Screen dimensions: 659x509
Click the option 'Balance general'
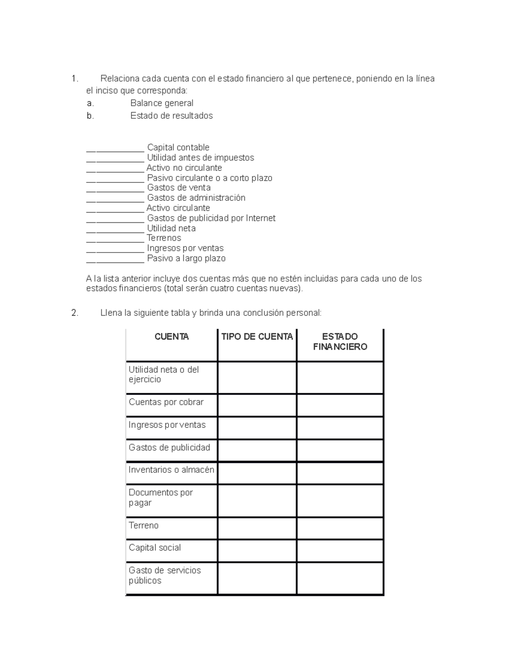click(x=162, y=103)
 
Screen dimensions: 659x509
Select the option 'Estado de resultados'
click(x=171, y=116)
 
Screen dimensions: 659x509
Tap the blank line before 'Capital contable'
click(x=115, y=149)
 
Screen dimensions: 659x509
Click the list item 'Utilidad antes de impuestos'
click(x=200, y=158)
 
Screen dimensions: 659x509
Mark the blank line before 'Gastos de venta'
click(x=115, y=189)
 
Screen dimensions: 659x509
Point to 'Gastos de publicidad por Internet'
click(x=211, y=218)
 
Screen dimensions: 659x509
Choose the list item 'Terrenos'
click(x=164, y=238)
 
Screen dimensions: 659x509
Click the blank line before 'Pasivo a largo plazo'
click(x=115, y=260)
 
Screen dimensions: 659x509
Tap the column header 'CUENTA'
click(x=171, y=337)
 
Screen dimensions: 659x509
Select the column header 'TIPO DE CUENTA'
click(x=257, y=337)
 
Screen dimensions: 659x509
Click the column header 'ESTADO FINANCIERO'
click(x=340, y=342)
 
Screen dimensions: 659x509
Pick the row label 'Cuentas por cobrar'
click(x=166, y=402)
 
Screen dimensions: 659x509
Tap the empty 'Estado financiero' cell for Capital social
click(x=340, y=551)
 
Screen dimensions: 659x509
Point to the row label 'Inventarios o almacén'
click(x=171, y=470)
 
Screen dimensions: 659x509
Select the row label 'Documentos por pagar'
click(x=160, y=498)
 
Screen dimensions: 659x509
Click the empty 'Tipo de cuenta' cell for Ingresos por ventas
click(x=257, y=428)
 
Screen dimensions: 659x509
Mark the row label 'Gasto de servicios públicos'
click(x=165, y=575)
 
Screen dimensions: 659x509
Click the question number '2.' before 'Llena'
click(x=75, y=313)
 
